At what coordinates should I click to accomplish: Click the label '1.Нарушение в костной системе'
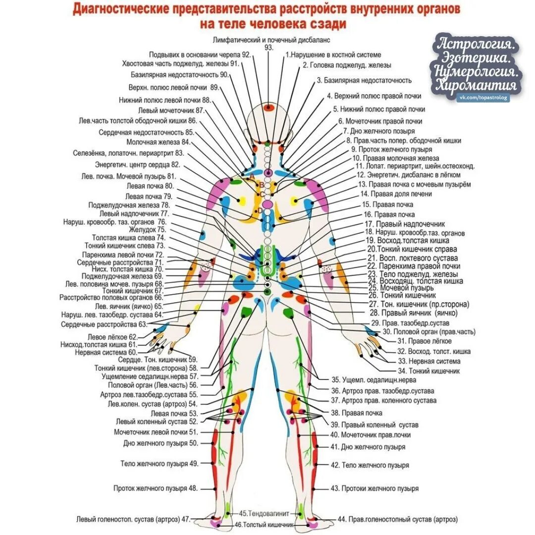click(x=333, y=55)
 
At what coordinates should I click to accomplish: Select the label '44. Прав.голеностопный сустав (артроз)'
click(x=397, y=519)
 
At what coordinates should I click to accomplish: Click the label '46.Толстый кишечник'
click(x=265, y=524)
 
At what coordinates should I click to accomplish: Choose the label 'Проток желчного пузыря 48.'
click(x=156, y=488)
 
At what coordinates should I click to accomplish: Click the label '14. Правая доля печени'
click(x=396, y=194)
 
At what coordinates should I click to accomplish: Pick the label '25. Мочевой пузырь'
click(x=401, y=288)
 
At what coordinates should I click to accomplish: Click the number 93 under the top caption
click(x=269, y=47)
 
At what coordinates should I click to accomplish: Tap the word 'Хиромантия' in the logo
click(x=477, y=85)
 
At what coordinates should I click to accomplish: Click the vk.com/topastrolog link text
click(x=483, y=99)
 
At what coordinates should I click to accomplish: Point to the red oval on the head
click(x=269, y=107)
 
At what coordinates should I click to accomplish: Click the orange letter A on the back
click(x=251, y=175)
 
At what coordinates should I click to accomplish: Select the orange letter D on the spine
click(x=261, y=211)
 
